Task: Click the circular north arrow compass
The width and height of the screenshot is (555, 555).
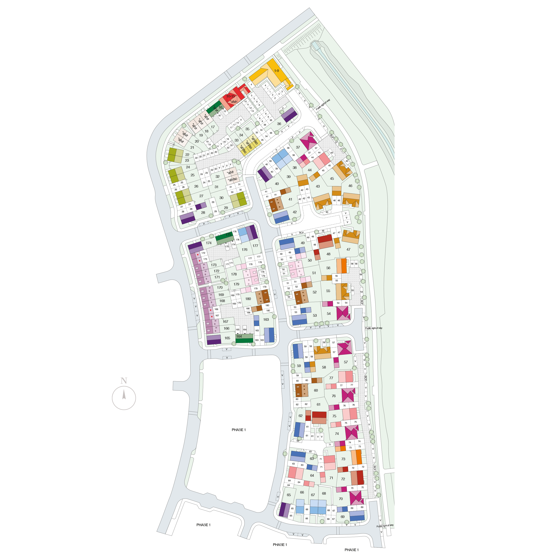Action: [x=124, y=398]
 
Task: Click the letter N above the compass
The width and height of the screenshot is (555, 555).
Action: [x=124, y=381]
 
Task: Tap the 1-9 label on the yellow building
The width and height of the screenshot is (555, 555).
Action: [x=276, y=71]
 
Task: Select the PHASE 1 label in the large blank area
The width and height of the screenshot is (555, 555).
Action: [x=238, y=430]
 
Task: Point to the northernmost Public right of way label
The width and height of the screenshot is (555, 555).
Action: [x=323, y=105]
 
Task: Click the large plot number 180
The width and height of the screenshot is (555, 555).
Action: [x=248, y=299]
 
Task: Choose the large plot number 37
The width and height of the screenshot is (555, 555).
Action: [x=298, y=147]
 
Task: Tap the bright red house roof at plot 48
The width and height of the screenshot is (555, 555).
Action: [x=325, y=238]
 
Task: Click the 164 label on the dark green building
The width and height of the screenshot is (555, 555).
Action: [x=239, y=336]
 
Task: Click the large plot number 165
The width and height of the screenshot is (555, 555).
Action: [x=227, y=338]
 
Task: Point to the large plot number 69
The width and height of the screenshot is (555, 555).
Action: [x=342, y=517]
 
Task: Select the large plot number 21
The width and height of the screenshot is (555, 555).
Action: [x=192, y=147]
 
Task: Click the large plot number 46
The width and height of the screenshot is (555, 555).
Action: [x=350, y=186]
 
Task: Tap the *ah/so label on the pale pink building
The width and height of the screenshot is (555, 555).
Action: [x=232, y=179]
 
